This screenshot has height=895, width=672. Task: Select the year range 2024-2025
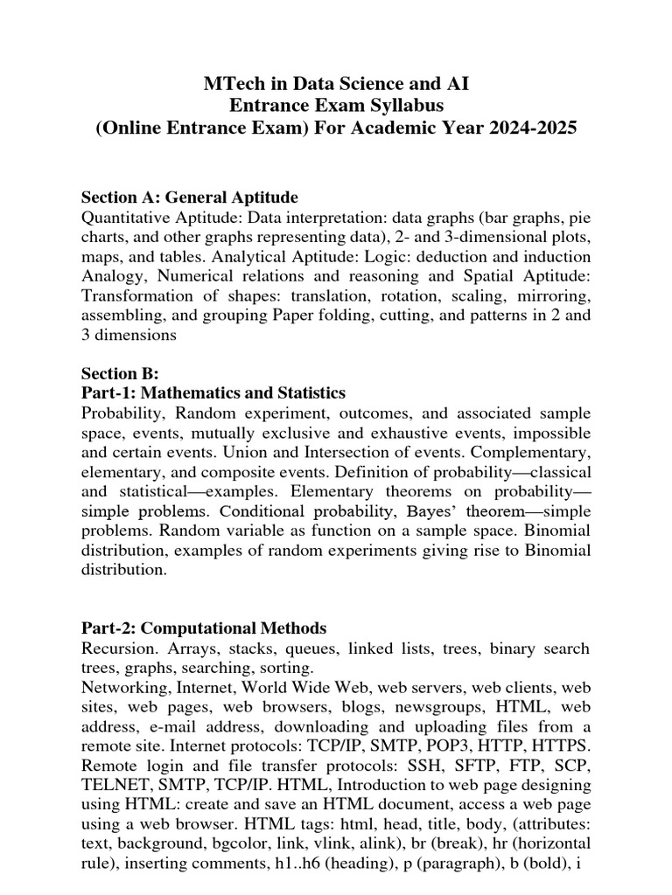pos(520,128)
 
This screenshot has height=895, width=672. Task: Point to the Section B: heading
pos(120,373)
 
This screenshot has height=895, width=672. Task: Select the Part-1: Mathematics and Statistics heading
pos(213,392)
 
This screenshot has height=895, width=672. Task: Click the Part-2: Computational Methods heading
pos(204,628)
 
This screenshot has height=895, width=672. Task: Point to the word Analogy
pos(110,276)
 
